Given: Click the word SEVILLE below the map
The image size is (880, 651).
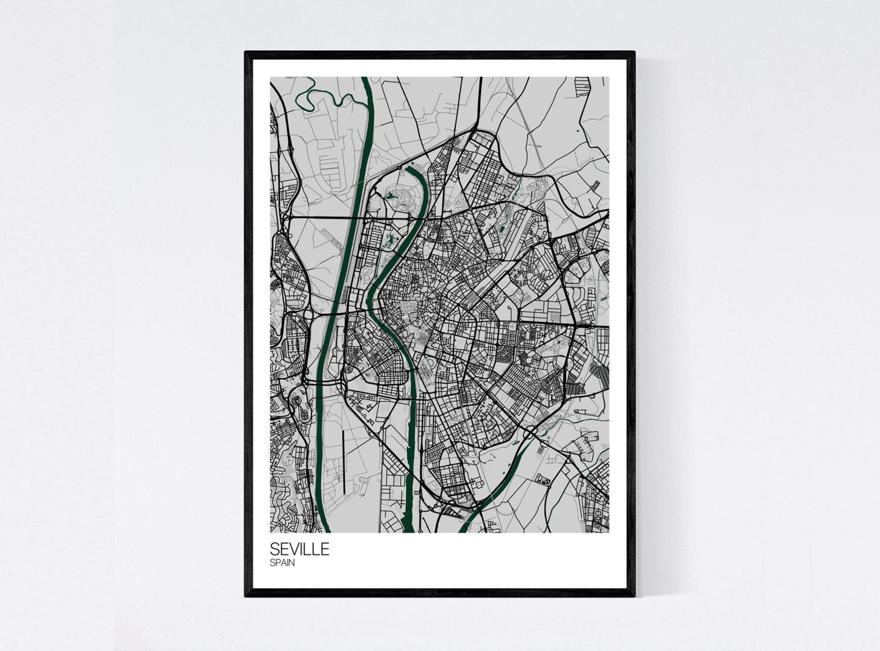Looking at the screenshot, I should [299, 549].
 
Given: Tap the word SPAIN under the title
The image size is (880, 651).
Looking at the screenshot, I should [282, 563].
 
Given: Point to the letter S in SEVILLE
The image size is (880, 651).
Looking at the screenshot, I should [274, 549].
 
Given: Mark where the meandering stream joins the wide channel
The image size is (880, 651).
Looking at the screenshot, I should [366, 105].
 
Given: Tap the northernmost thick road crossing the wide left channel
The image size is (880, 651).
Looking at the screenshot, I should [354, 218].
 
